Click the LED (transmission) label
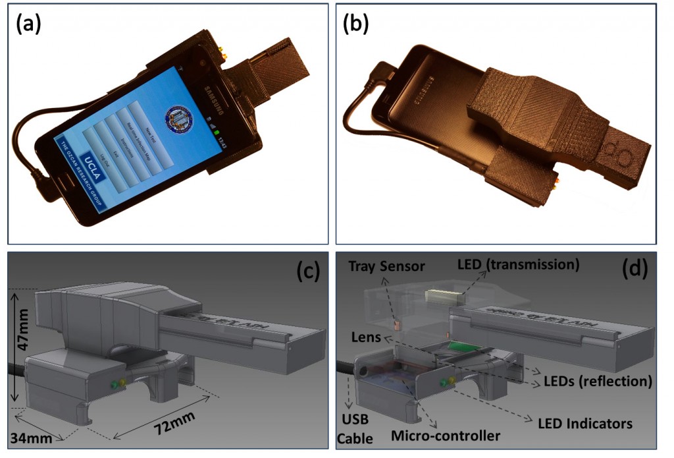coord(518,265)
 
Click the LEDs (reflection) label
coord(596,380)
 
